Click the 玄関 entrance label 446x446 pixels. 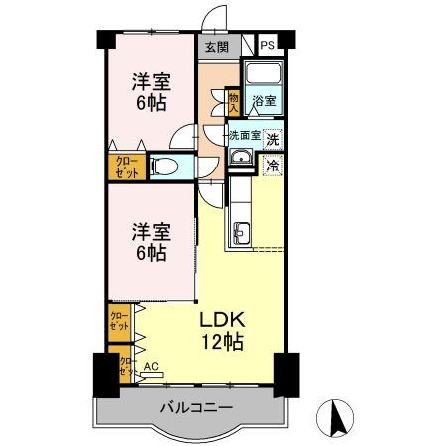[x=216, y=46]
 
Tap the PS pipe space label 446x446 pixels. [x=268, y=46]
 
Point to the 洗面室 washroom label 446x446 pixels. [x=244, y=137]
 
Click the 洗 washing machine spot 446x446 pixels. [x=272, y=139]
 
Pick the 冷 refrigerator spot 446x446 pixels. [x=272, y=167]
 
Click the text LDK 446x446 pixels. [x=222, y=320]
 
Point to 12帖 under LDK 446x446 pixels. [x=223, y=342]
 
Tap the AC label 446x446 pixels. [x=151, y=366]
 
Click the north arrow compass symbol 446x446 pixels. [x=337, y=418]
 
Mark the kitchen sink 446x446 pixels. [x=242, y=234]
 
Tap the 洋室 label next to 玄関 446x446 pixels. [x=150, y=79]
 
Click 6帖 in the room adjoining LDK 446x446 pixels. [x=150, y=253]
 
